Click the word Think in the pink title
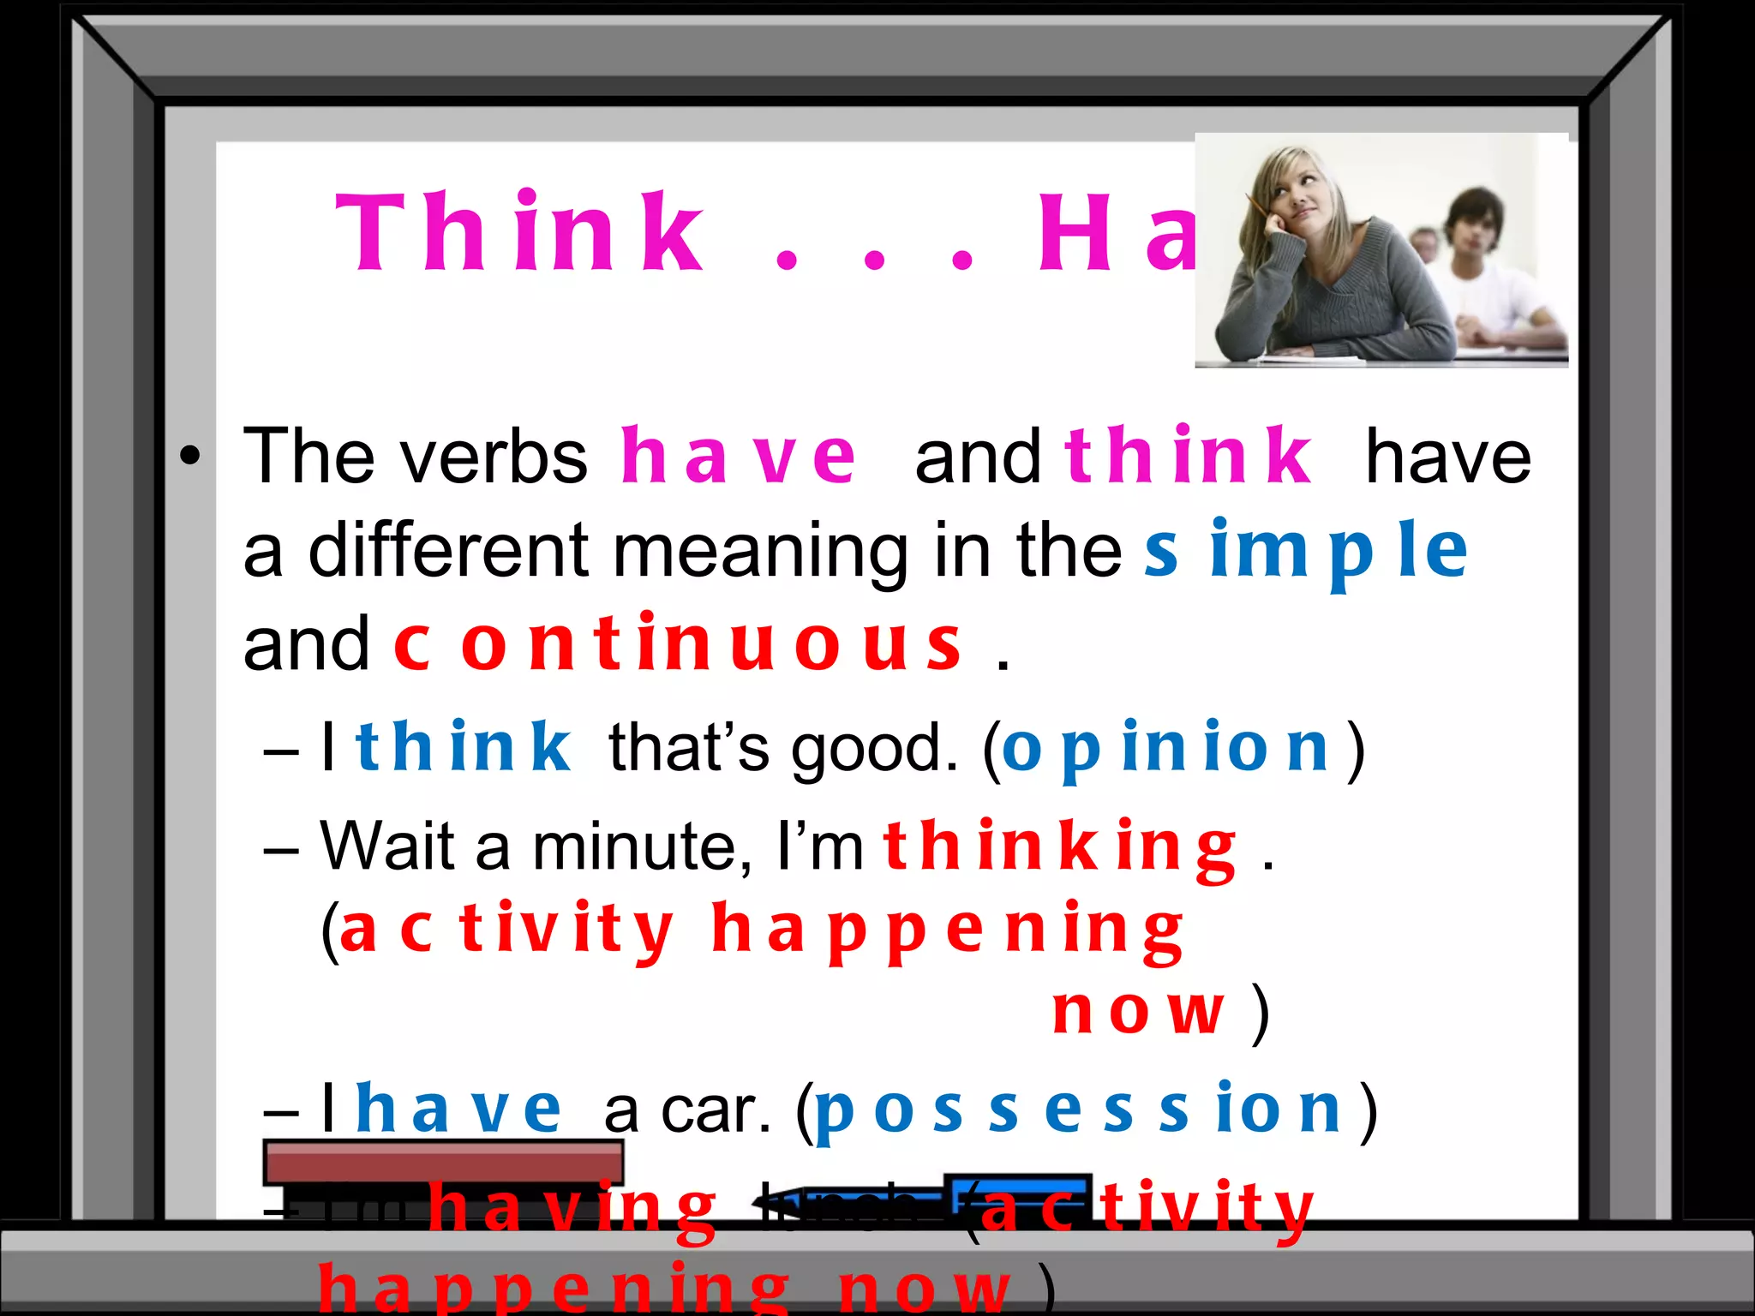pyautogui.click(x=519, y=232)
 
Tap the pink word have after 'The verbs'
pyautogui.click(x=738, y=457)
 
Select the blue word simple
pyautogui.click(x=1306, y=552)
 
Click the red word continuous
pyautogui.click(x=677, y=644)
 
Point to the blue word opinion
pyautogui.click(x=1165, y=748)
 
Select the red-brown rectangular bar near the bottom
pyautogui.click(x=443, y=1163)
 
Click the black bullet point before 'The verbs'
pyautogui.click(x=190, y=456)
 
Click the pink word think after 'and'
pyautogui.click(x=1187, y=457)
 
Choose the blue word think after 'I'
pyautogui.click(x=463, y=748)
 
